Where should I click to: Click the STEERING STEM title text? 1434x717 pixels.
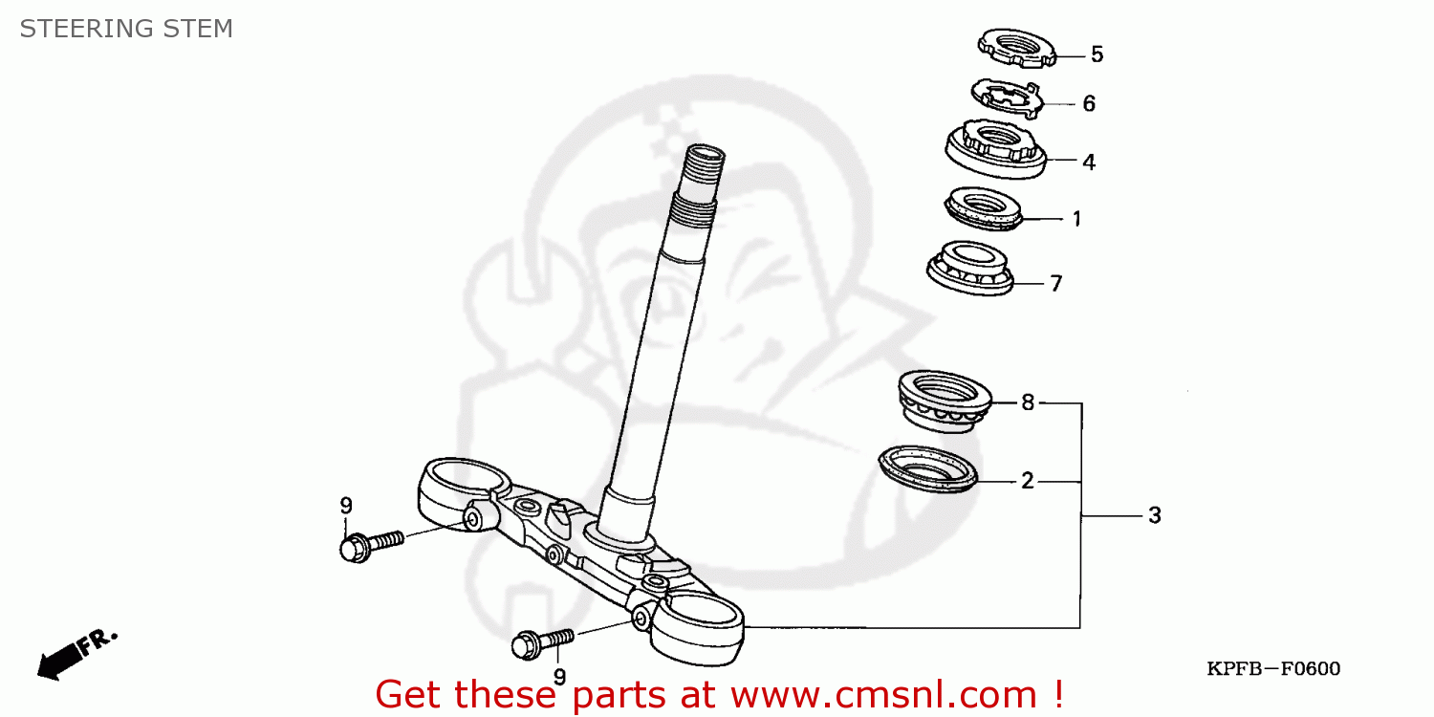[x=126, y=29]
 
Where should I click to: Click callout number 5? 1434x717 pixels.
[x=1097, y=54]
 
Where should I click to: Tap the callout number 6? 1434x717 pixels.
[x=1088, y=103]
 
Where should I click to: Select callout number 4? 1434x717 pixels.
[x=1088, y=162]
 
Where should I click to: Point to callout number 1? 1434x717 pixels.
[x=1076, y=219]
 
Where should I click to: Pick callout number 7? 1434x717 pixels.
[x=1055, y=284]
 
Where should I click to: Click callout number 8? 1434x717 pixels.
[x=1028, y=402]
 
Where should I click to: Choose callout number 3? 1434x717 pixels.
[x=1154, y=516]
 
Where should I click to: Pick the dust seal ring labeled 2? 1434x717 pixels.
[x=928, y=468]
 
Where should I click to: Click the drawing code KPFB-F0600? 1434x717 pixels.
[x=1272, y=669]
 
